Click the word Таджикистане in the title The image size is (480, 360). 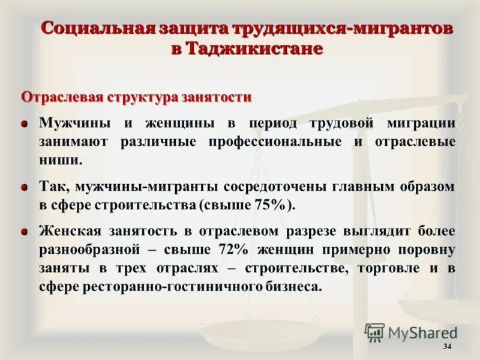(x=255, y=49)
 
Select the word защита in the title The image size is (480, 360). (x=184, y=28)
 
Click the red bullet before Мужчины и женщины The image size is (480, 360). (x=25, y=124)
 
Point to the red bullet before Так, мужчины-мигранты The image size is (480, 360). (x=25, y=187)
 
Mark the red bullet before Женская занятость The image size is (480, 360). (x=25, y=232)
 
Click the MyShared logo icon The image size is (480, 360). (x=374, y=332)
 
